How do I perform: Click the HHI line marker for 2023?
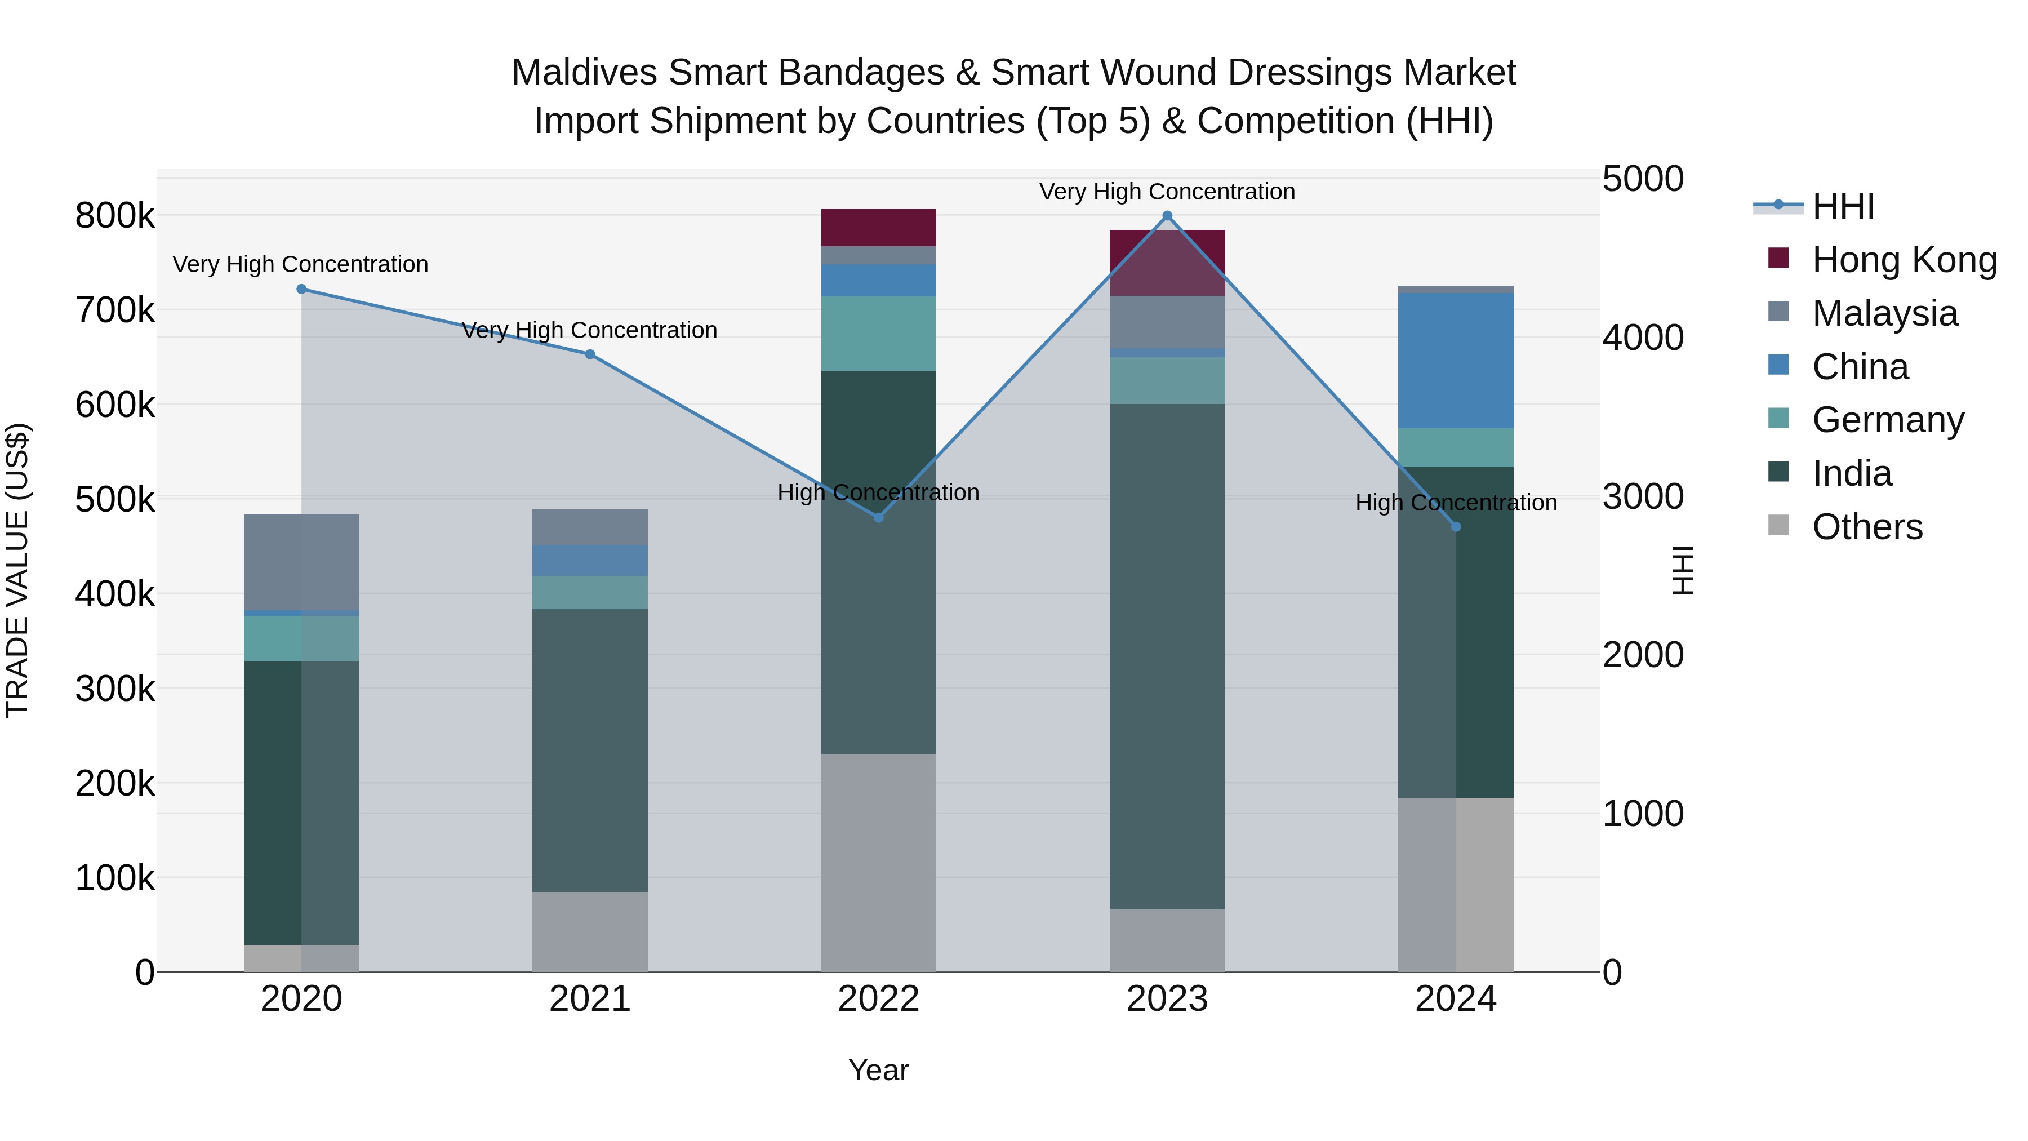click(1168, 216)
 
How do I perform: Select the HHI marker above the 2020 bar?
click(301, 289)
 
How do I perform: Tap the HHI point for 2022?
click(879, 517)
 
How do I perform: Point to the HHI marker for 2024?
click(1456, 527)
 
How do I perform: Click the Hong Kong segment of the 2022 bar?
click(879, 228)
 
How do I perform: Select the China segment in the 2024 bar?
click(1456, 361)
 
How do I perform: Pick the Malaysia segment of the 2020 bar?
click(301, 562)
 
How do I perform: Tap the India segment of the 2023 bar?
click(1168, 657)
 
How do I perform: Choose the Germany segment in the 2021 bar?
click(590, 592)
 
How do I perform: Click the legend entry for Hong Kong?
click(1904, 260)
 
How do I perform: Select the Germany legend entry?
click(1888, 420)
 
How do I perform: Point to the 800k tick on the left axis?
click(115, 216)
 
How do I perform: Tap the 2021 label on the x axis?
click(590, 999)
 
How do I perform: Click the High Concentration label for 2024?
click(1456, 503)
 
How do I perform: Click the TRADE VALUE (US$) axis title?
click(17, 570)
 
